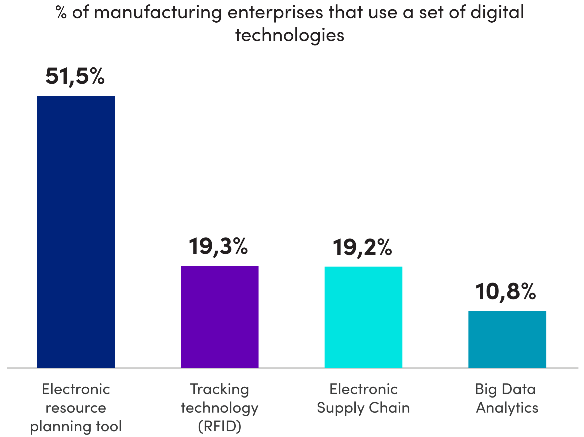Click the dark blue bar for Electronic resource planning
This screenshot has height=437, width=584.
pos(76,232)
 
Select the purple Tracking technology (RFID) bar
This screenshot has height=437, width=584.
pos(219,317)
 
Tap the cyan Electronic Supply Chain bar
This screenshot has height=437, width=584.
pos(363,317)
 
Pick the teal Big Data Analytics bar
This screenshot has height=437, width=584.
pos(507,339)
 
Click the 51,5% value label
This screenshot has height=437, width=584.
pos(75,76)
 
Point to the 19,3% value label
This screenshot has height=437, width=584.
pos(218,247)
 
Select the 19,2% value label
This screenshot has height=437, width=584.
pos(362,248)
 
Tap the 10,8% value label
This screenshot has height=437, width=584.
pos(506,292)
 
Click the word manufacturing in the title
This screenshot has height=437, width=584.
pos(158,13)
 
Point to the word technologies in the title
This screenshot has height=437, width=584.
pos(290,35)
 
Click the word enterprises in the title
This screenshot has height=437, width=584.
pos(275,13)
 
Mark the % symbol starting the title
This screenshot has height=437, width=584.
pos(61,13)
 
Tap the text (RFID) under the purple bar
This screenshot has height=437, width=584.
pos(219,426)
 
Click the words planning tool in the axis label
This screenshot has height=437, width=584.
pos(76,426)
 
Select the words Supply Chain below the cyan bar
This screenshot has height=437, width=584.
pos(363,408)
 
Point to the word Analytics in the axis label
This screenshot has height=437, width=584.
pos(507,408)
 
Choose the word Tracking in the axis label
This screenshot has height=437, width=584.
pos(219,389)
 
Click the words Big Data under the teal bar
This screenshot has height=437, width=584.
pos(505,389)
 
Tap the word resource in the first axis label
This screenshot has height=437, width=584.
pos(76,408)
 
